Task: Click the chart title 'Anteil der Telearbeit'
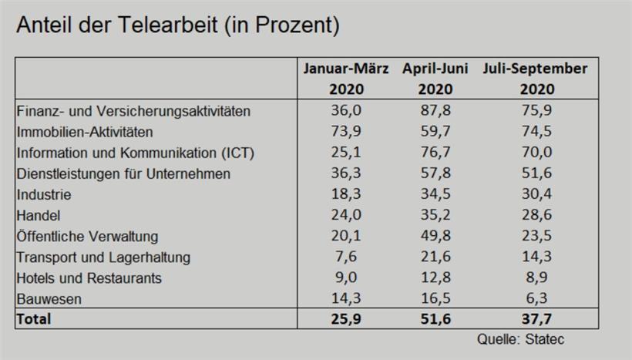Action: click(178, 25)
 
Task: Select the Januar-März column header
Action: click(346, 78)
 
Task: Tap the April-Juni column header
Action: click(435, 78)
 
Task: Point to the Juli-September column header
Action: click(535, 78)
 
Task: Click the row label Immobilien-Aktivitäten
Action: click(85, 132)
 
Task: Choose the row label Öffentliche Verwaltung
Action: click(87, 236)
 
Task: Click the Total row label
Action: click(34, 318)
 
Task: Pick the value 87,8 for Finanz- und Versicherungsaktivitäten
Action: click(435, 111)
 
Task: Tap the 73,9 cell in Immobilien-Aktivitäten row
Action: click(346, 132)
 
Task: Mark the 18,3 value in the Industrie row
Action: click(346, 194)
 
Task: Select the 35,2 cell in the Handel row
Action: click(435, 215)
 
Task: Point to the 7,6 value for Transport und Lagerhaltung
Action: click(346, 257)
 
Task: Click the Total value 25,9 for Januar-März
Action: click(346, 318)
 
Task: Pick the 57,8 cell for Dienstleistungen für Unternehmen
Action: click(435, 173)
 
